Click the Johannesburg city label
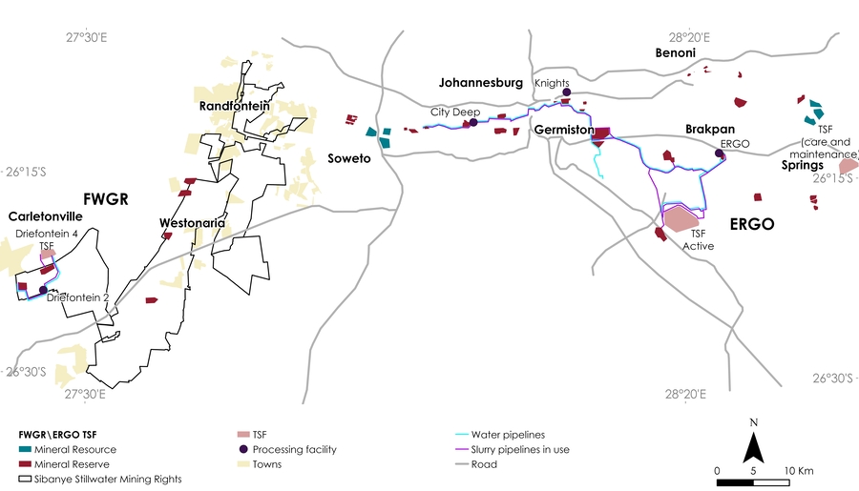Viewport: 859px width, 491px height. tap(480, 83)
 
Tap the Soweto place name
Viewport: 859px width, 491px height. tap(348, 157)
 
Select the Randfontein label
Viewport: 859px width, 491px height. tap(233, 107)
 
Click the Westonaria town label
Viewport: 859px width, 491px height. tap(193, 223)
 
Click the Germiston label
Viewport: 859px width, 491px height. tap(565, 130)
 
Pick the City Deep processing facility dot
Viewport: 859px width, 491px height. tap(473, 123)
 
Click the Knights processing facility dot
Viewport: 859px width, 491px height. tap(565, 92)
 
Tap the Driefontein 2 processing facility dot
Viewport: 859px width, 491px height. tap(43, 291)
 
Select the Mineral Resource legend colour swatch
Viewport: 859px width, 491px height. tap(27, 449)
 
